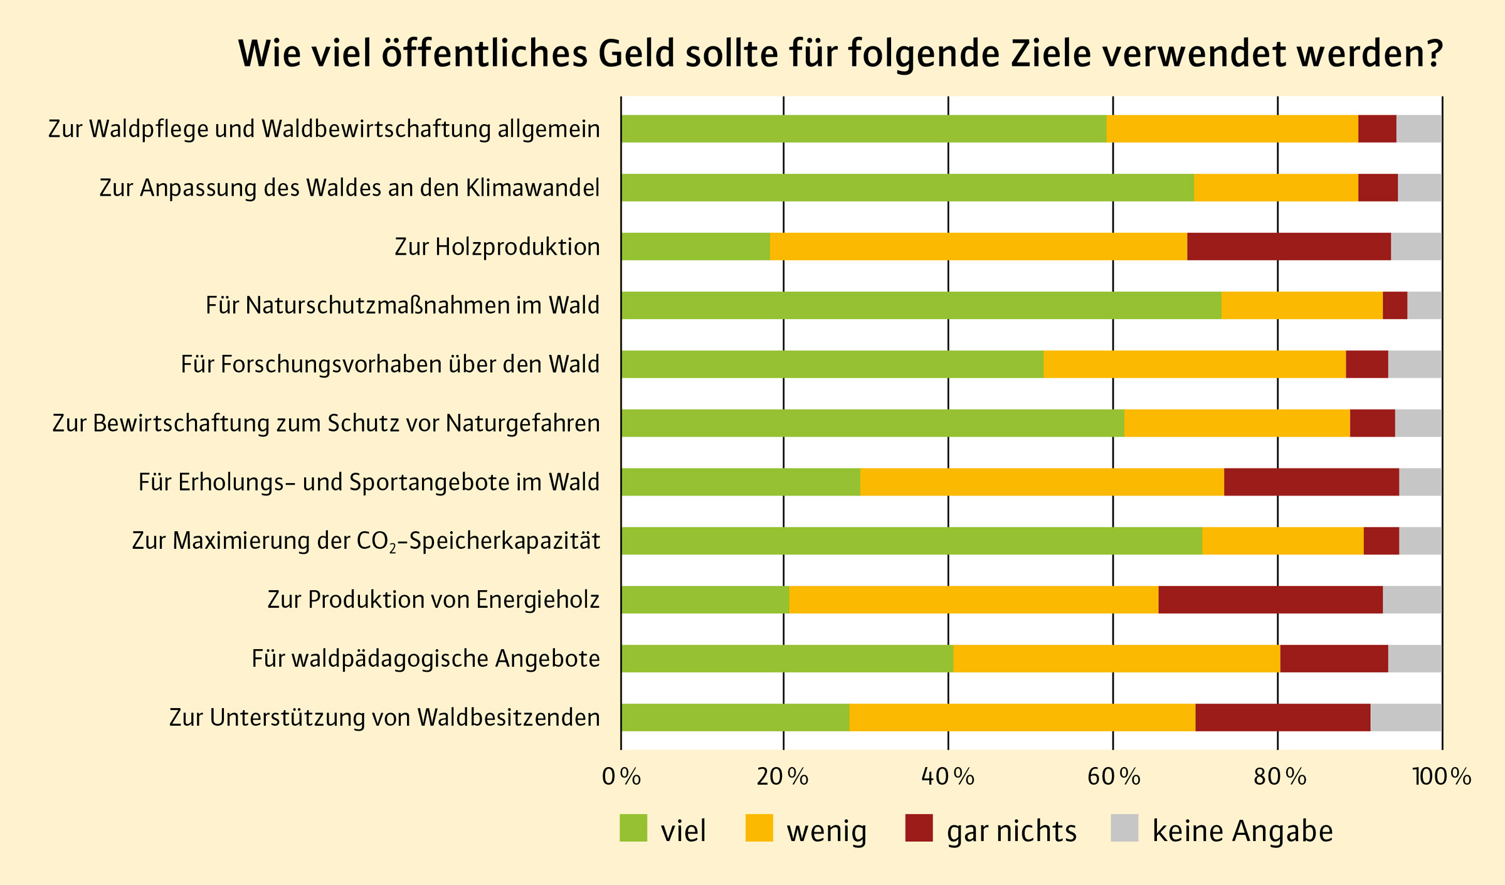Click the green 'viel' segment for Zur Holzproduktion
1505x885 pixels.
(695, 246)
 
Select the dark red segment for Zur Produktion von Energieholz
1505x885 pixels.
(1270, 600)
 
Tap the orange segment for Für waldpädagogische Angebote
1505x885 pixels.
(1116, 659)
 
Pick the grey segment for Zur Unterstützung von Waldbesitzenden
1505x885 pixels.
(1406, 718)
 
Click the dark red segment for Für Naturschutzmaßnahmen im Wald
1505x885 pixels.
(1395, 305)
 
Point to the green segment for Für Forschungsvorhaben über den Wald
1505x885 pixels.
(832, 364)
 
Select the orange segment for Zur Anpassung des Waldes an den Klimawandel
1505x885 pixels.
(1275, 188)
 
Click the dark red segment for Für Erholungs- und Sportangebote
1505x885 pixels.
(1311, 482)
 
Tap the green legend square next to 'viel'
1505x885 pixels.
(633, 828)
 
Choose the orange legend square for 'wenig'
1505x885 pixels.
(759, 828)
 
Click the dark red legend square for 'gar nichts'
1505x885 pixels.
(919, 828)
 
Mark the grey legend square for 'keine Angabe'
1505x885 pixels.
(1124, 828)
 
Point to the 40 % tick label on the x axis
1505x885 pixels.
(948, 777)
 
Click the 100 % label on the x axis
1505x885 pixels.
(1441, 777)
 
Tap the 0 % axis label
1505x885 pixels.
(621, 777)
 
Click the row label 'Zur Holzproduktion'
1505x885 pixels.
(497, 247)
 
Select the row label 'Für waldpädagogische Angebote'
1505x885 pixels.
(426, 659)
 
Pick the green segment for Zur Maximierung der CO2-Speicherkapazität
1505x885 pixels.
(911, 541)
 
